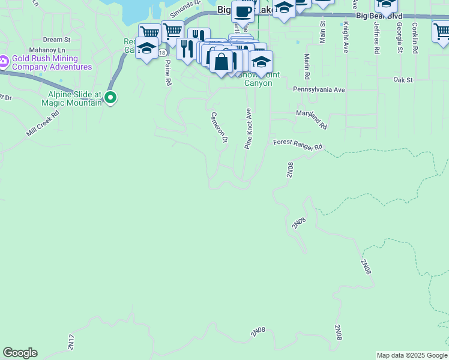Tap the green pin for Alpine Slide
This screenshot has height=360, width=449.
(x=110, y=97)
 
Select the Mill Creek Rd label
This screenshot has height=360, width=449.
(x=43, y=123)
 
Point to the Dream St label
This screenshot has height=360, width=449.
(x=57, y=40)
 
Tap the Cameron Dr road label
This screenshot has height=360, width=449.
(x=219, y=127)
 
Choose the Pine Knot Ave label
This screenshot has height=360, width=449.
(x=248, y=128)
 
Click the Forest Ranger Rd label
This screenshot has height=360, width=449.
(x=298, y=145)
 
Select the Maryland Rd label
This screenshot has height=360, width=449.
(x=311, y=119)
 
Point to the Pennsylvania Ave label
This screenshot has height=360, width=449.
(x=319, y=89)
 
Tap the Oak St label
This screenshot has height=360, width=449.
(x=403, y=79)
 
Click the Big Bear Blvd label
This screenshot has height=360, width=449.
(x=379, y=15)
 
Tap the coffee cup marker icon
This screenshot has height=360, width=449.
(x=243, y=11)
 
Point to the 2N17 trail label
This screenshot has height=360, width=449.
(x=71, y=341)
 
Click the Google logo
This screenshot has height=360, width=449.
(x=20, y=353)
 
